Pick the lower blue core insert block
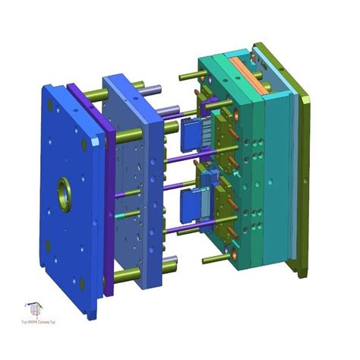coord(191,203)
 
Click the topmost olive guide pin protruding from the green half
coord(191,77)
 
